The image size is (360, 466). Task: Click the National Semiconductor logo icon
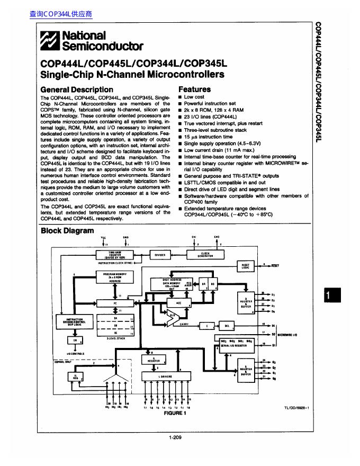coord(51,40)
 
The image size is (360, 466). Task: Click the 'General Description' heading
coord(77,89)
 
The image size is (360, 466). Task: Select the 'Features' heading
coord(194,89)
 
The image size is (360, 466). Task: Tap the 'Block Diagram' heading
coord(67,231)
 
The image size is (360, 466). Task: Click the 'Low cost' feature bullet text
coord(194,97)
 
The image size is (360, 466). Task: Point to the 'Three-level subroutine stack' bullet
coord(215,130)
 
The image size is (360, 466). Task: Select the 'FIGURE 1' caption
coord(176,413)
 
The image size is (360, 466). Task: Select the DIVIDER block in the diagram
coord(160,255)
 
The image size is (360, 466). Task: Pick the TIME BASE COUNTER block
coord(114,255)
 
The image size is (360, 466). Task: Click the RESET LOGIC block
coord(245,266)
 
